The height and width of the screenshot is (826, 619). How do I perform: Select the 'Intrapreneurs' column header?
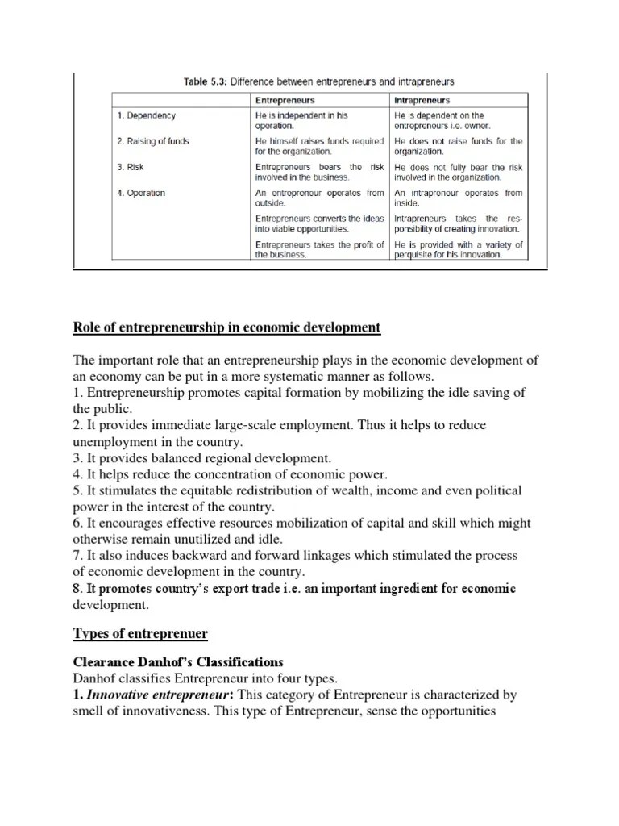coord(422,101)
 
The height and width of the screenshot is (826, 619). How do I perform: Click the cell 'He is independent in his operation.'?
coord(301,121)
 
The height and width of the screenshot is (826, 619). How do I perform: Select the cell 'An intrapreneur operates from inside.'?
coord(458,198)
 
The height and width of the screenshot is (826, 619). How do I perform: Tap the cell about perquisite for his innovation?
coord(458,249)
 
